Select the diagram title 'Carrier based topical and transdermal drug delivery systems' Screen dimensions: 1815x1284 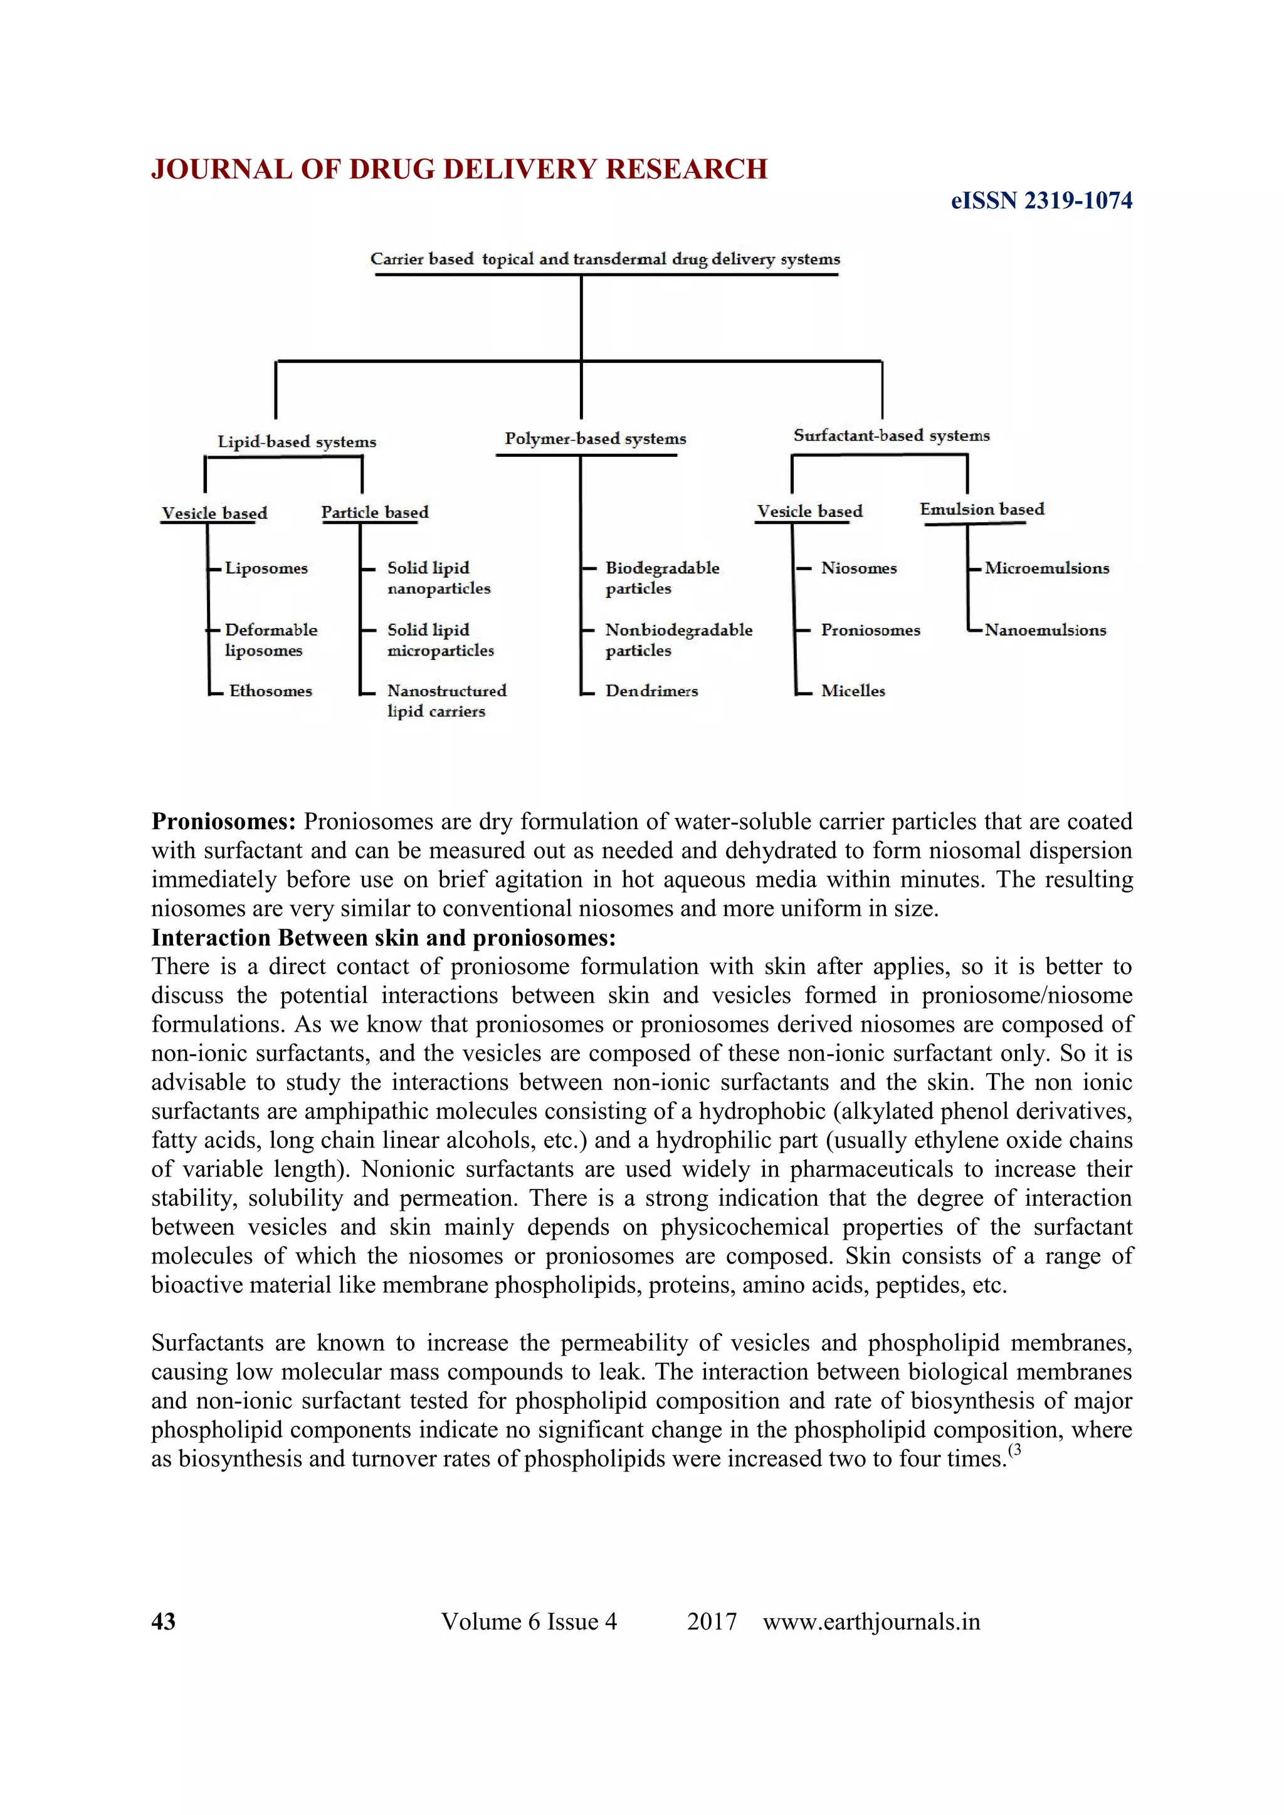pos(605,259)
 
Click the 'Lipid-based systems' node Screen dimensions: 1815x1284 pos(297,442)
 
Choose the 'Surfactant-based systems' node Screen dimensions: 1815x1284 pos(891,436)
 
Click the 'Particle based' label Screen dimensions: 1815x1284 pos(375,512)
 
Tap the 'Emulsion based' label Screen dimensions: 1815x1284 pos(981,509)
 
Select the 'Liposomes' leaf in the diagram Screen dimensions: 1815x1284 pos(266,568)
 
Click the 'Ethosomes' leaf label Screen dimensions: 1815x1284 pos(270,691)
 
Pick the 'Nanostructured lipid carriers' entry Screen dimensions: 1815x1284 pos(446,701)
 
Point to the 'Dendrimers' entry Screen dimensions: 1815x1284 pos(651,691)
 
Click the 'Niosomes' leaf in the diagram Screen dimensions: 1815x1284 pos(859,568)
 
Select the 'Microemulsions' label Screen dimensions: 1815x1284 pos(1046,568)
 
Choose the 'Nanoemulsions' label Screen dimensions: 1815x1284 pos(1045,630)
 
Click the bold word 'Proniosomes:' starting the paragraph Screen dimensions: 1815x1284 pos(224,822)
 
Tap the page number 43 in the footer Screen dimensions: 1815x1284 pos(164,1621)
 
